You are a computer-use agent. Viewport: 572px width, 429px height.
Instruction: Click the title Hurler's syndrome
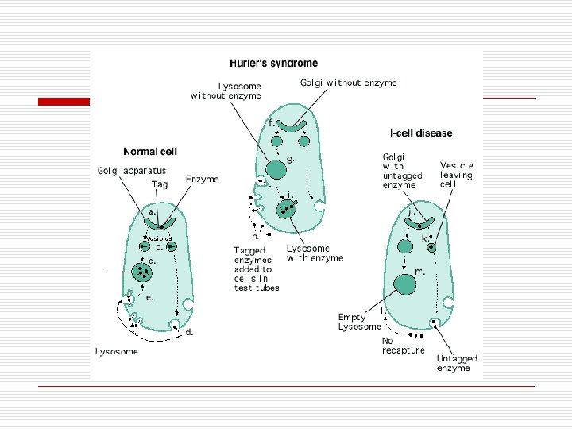(273, 63)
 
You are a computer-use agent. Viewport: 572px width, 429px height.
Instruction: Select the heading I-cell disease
(421, 133)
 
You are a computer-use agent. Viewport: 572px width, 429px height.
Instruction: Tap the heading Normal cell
(150, 151)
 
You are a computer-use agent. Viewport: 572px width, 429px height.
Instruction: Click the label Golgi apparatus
(132, 171)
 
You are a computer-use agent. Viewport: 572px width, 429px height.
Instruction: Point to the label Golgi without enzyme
(349, 82)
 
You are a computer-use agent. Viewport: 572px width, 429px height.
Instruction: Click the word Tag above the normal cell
(160, 184)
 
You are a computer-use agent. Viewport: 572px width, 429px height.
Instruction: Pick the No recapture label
(403, 346)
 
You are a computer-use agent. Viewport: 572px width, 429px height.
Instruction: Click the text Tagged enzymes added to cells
(253, 269)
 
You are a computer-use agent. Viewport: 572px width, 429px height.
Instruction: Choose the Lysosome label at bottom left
(117, 351)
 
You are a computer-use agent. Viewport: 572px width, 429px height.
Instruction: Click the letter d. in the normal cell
(189, 333)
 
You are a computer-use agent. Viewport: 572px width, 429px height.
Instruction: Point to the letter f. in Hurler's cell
(272, 122)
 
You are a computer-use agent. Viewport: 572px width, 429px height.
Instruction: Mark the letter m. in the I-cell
(419, 271)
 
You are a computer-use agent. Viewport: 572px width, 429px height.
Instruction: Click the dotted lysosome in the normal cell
(145, 273)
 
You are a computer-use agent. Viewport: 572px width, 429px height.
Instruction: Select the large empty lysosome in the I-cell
(405, 283)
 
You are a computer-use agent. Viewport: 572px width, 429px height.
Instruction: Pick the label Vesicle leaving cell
(456, 175)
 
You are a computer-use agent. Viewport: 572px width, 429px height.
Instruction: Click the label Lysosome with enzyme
(315, 253)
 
